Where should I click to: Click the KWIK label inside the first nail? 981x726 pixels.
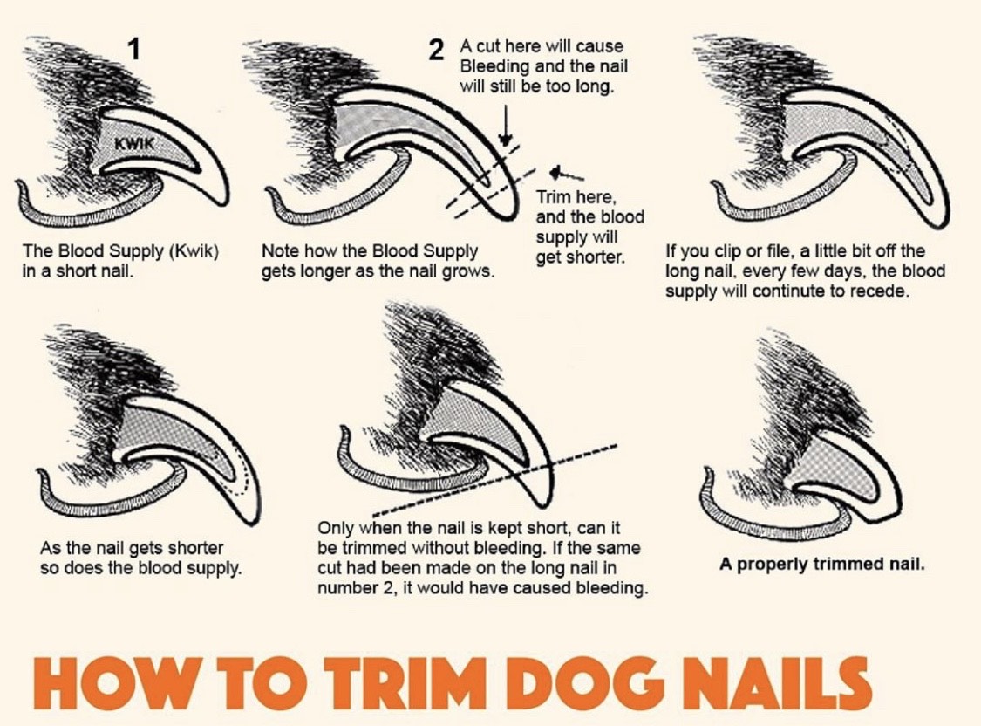click(133, 143)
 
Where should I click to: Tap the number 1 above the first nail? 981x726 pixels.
click(133, 49)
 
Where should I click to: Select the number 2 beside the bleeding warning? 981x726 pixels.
click(437, 50)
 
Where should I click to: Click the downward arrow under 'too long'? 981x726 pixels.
click(506, 125)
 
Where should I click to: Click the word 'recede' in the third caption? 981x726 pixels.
click(884, 291)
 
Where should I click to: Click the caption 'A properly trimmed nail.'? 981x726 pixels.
click(821, 564)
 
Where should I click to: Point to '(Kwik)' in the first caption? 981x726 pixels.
click(194, 251)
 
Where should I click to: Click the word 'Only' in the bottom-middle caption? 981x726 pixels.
click(336, 528)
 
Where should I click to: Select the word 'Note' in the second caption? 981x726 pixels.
click(279, 251)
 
